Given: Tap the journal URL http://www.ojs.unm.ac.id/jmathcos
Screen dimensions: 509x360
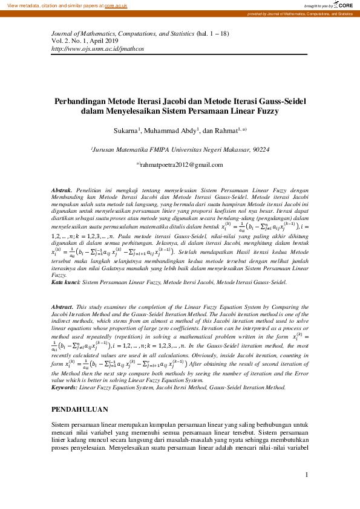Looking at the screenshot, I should pyautogui.click(x=98, y=48).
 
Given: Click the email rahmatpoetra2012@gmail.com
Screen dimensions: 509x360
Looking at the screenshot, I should pyautogui.click(x=180, y=165).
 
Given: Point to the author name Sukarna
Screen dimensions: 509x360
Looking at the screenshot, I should pyautogui.click(x=126, y=130).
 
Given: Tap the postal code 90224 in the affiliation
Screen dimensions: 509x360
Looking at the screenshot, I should pyautogui.click(x=261, y=149).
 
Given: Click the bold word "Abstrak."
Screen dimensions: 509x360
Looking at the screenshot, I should pyautogui.click(x=62, y=190).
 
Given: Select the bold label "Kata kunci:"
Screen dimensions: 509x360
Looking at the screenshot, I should pyautogui.click(x=65, y=282).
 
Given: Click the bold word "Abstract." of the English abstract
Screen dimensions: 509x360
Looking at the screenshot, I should pyautogui.click(x=63, y=308).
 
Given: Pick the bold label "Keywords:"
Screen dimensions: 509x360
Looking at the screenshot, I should pyautogui.click(x=65, y=371).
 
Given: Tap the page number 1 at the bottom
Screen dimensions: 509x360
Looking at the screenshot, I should pyautogui.click(x=307, y=475).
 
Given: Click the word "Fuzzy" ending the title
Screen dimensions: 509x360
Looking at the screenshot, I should pyautogui.click(x=277, y=112).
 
